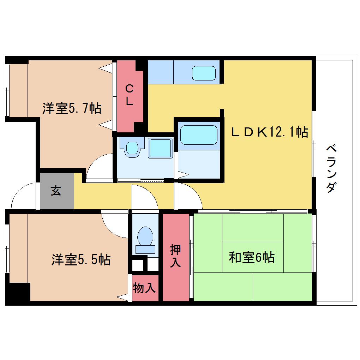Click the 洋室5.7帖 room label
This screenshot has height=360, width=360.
click(72, 108)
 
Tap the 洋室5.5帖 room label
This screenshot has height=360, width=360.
click(81, 260)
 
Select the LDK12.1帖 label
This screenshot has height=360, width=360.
click(269, 132)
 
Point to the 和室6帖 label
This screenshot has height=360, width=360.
click(252, 257)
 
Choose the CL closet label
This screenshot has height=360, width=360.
click(129, 95)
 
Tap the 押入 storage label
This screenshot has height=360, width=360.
click(175, 256)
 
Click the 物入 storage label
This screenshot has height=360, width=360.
click(144, 288)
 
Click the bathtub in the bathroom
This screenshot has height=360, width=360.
click(199, 135)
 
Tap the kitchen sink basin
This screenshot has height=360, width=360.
click(204, 73)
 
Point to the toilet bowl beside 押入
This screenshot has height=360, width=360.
click(145, 236)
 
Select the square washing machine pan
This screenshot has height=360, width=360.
click(160, 148)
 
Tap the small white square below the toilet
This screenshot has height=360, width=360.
click(138, 265)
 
